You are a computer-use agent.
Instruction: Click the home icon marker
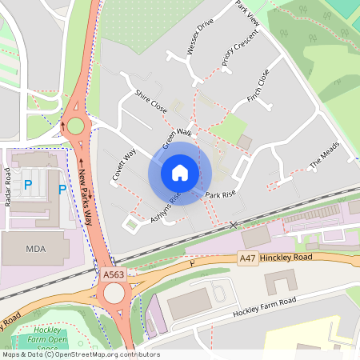pos(180,173)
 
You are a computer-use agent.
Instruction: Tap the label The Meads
pos(324,157)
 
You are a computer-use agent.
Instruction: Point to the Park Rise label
pos(220,194)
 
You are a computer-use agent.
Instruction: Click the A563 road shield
pos(114,274)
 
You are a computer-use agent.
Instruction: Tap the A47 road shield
pos(249,259)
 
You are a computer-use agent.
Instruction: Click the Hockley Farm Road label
pos(264,306)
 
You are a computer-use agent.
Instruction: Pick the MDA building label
pos(36,248)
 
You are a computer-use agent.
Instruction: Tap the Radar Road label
pos(9,187)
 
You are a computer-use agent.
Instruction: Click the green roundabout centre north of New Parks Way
pos(75,126)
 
